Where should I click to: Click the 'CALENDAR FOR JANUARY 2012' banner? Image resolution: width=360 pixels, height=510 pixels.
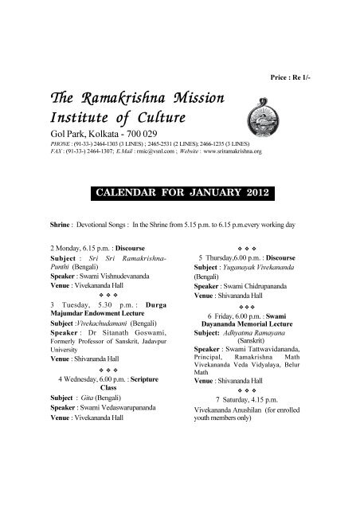tap(179, 193)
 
